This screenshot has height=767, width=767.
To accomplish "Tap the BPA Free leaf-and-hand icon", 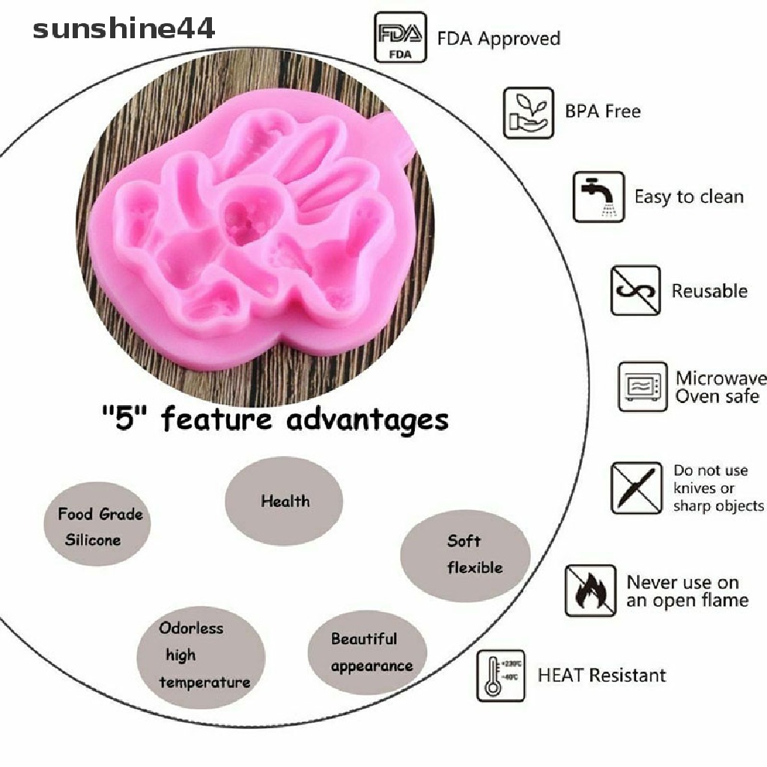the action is [x=528, y=112].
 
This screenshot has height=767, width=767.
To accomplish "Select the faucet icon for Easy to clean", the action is [x=598, y=197].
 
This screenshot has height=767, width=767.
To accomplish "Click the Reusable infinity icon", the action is [x=635, y=290].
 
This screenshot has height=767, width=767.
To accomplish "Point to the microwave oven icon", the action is [x=642, y=386].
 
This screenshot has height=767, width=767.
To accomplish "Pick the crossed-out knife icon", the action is [x=636, y=488].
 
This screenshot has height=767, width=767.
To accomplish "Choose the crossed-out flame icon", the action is [x=590, y=590].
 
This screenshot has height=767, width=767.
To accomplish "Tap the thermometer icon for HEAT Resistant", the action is [x=500, y=676].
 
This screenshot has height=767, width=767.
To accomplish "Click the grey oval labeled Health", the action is [x=284, y=501].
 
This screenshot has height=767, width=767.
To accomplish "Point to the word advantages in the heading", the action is [x=367, y=419].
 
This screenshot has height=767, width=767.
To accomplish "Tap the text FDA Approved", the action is [x=498, y=38].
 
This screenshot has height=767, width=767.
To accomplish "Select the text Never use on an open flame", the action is [x=687, y=591].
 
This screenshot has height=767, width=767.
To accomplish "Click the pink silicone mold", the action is [x=255, y=240].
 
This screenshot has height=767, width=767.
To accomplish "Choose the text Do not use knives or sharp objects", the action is [x=718, y=488].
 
